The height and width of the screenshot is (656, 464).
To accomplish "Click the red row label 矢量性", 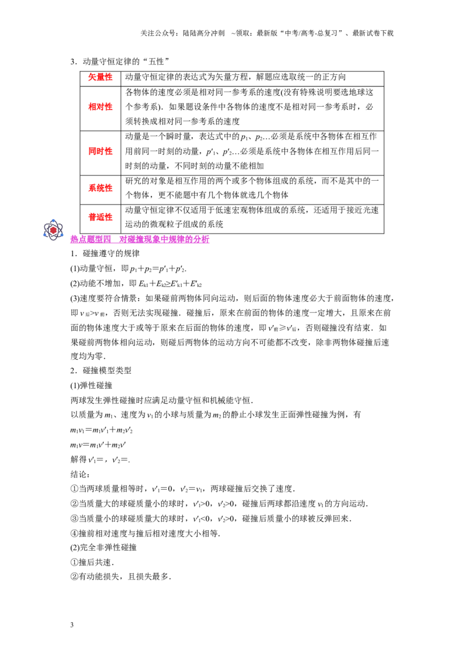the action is (x=100, y=77).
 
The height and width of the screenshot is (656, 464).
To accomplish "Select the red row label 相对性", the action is (x=100, y=107).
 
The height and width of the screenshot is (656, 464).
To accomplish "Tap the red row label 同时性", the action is (x=100, y=151).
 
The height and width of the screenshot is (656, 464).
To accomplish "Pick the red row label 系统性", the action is (x=100, y=188).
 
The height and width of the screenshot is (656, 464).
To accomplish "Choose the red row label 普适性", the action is (x=100, y=217).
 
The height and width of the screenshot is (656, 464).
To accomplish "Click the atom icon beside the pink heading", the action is (x=53, y=229).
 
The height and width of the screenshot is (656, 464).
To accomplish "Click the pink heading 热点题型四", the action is (x=90, y=239).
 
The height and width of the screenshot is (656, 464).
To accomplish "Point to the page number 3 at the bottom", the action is (x=72, y=625).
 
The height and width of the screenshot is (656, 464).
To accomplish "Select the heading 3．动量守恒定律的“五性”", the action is (x=119, y=61).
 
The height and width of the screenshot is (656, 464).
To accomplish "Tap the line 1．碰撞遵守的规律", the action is (x=105, y=253).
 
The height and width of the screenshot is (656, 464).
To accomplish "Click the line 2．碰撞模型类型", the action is (x=101, y=370).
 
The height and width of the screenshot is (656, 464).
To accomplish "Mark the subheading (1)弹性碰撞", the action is (x=91, y=385).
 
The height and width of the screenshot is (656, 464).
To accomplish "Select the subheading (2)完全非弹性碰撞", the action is (x=103, y=547).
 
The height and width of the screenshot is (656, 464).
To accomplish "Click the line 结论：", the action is (x=80, y=474).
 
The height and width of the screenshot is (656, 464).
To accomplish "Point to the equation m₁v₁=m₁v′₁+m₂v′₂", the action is (x=101, y=430).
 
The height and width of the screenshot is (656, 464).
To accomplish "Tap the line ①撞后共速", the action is (x=92, y=562).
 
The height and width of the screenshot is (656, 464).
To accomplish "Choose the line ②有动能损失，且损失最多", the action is (x=121, y=577).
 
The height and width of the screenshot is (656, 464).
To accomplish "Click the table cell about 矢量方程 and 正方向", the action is (x=235, y=77).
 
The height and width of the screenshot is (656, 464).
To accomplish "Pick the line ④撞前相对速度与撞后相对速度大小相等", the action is (x=146, y=533).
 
